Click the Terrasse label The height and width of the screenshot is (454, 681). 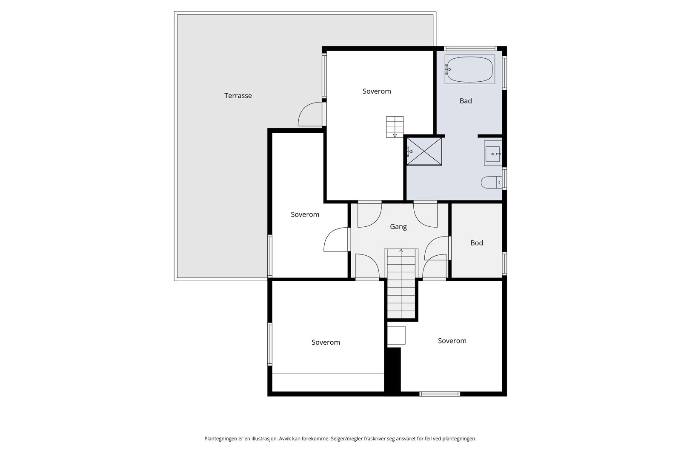[x=238, y=96]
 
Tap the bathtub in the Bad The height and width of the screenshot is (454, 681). [x=470, y=69]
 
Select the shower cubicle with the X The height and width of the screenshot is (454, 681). [x=424, y=151]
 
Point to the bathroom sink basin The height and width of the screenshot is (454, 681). [x=492, y=154]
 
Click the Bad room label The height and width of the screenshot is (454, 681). [x=466, y=101]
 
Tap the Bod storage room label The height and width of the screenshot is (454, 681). [x=477, y=243]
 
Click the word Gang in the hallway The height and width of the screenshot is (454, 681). [x=398, y=227]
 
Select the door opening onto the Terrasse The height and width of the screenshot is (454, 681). [x=310, y=114]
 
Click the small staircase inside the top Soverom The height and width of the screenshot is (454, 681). [x=395, y=127]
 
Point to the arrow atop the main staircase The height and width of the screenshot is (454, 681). [x=401, y=251]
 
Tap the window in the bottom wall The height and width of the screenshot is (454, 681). [x=440, y=394]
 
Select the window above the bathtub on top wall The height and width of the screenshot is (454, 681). [x=470, y=49]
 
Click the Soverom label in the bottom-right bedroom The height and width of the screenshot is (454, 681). [x=452, y=341]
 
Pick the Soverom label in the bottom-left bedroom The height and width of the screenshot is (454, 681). [x=326, y=343]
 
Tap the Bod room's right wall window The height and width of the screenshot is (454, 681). [x=504, y=263]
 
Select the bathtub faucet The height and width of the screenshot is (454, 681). [x=447, y=69]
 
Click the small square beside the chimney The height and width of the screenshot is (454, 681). [x=396, y=335]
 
